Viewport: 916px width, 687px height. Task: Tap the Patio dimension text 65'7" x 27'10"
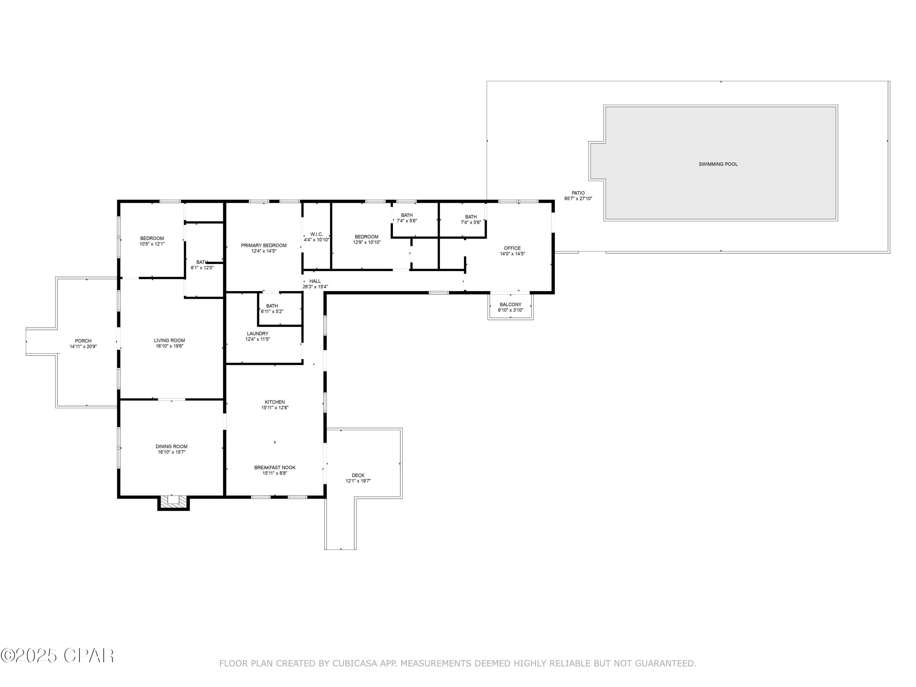tap(578, 199)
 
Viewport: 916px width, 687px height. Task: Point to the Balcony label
tap(510, 304)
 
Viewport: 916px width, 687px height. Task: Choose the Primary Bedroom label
tap(264, 245)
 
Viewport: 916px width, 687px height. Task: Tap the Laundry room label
tap(258, 334)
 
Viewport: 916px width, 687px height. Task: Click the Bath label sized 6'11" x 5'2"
tap(272, 306)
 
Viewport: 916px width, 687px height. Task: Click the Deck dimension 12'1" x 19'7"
tap(358, 481)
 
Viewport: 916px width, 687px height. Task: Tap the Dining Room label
tap(171, 446)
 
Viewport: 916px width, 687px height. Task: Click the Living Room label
tap(169, 341)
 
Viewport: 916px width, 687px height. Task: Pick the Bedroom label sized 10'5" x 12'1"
tap(152, 238)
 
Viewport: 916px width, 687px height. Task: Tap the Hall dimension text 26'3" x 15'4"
tap(315, 287)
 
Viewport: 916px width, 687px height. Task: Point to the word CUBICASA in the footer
tap(354, 663)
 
